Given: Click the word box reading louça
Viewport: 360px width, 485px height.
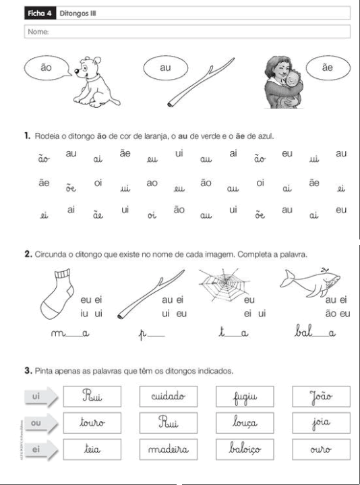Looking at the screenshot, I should (x=241, y=425).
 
